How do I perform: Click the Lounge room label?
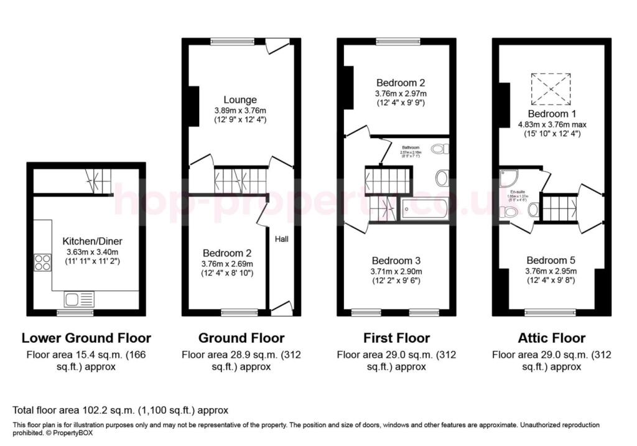pyautogui.click(x=240, y=100)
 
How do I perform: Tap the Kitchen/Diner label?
pyautogui.click(x=87, y=241)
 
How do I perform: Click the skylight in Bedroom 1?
pyautogui.click(x=549, y=89)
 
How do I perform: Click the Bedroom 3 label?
pyautogui.click(x=396, y=261)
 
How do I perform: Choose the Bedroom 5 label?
pyautogui.click(x=551, y=260)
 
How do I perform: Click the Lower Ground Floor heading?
pyautogui.click(x=86, y=338)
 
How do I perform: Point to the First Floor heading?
pyautogui.click(x=396, y=338)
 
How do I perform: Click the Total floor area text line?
pyautogui.click(x=121, y=411)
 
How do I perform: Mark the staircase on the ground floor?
pyautogui.click(x=239, y=179)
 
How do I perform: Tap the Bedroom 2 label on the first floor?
pyautogui.click(x=401, y=82)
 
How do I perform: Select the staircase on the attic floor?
pyautogui.click(x=560, y=207)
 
